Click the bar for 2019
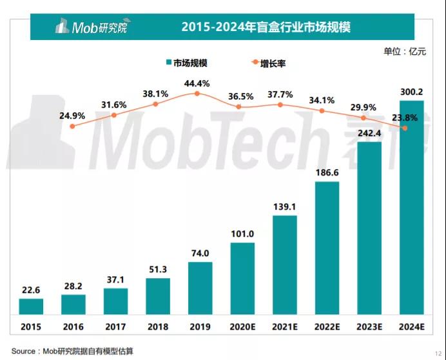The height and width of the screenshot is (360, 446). point(200,288)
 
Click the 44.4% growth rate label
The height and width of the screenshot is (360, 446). point(197,83)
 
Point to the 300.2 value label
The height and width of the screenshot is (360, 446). point(411,92)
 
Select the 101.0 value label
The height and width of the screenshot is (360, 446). point(242,234)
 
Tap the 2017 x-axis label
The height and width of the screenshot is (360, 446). point(115,326)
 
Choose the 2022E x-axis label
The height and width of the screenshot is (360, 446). point(327,326)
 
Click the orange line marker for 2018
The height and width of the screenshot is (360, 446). point(155,104)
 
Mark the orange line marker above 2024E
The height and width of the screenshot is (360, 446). point(405,128)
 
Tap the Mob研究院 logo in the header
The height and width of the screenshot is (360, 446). point(90,27)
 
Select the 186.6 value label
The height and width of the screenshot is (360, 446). point(327,173)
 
